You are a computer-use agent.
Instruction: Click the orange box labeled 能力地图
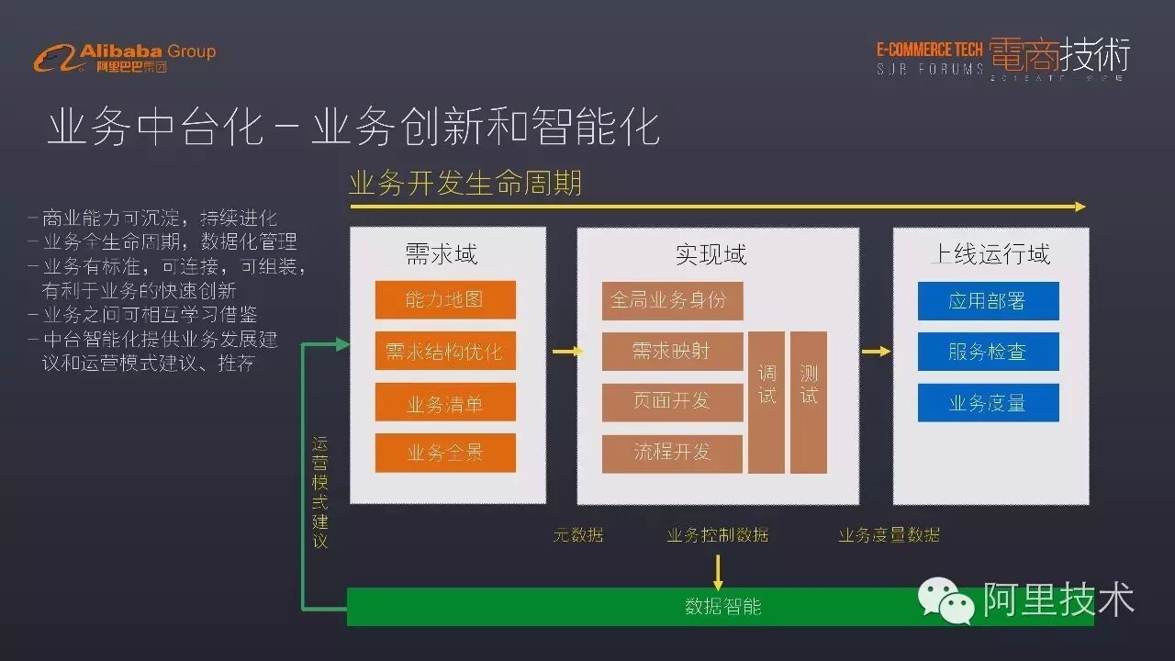click(445, 299)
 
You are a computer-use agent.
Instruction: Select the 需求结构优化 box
click(445, 351)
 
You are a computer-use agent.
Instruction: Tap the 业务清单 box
click(445, 402)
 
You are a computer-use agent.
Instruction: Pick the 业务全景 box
click(445, 453)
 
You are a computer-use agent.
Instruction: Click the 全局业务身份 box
click(672, 300)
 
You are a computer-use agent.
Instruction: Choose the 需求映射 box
click(672, 351)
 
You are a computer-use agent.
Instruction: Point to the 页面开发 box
click(672, 401)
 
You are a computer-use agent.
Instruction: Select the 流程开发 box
click(672, 453)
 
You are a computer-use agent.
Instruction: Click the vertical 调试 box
click(767, 402)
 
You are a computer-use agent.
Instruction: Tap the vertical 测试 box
click(809, 402)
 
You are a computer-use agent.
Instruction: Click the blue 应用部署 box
click(988, 300)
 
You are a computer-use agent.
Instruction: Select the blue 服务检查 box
click(988, 351)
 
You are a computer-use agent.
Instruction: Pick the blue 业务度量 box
click(988, 402)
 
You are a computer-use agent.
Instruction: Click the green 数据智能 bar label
click(722, 606)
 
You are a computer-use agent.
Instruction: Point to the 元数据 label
click(578, 534)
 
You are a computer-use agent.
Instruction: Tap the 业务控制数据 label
click(718, 534)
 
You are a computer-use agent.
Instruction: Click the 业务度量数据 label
click(889, 534)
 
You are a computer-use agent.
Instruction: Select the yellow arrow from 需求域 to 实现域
click(567, 351)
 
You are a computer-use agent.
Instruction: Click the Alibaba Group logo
click(124, 57)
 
